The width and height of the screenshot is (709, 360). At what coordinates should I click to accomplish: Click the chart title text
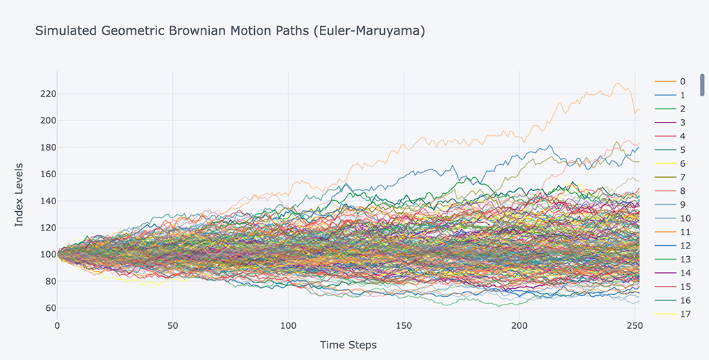[231, 31]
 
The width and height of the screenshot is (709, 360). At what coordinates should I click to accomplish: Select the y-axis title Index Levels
[19, 194]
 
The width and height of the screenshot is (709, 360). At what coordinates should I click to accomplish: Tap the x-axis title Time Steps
[348, 344]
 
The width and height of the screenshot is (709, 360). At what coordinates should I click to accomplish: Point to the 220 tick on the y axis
[47, 93]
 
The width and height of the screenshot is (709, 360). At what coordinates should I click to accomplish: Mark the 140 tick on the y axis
[47, 201]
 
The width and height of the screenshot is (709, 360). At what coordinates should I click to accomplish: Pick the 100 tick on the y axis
[47, 255]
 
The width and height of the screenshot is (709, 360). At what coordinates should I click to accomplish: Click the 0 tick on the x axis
[57, 325]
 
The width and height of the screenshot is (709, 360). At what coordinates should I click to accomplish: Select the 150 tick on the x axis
[404, 325]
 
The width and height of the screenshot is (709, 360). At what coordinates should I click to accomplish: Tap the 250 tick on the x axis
[635, 325]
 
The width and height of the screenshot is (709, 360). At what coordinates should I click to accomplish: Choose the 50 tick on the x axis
[173, 325]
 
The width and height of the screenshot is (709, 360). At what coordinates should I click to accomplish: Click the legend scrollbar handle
[702, 84]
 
